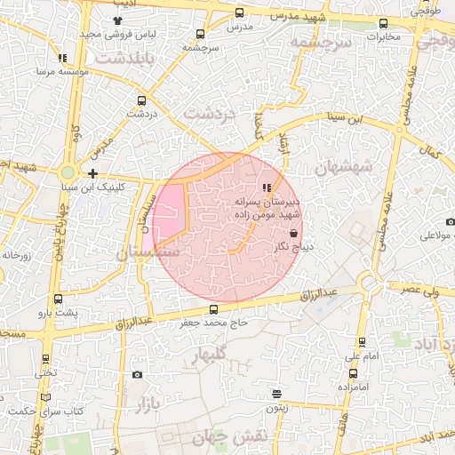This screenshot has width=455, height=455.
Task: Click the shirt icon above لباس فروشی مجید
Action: coord(118,20)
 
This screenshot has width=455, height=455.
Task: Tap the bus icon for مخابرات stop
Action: coord(383,24)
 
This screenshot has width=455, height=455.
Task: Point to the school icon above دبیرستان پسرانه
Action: coord(265,188)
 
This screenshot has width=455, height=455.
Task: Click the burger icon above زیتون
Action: coord(277,394)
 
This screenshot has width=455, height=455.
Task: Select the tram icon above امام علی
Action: coord(362,342)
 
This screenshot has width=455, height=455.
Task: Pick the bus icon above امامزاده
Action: coord(341,373)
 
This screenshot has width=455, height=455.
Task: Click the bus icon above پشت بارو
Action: coord(58,299)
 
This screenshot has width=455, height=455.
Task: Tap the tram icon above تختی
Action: coord(45,359)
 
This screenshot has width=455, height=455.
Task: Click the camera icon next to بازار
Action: coord(137,374)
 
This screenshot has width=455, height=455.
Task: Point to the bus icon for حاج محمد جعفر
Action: coord(212,309)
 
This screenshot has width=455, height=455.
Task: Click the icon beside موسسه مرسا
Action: coord(61,58)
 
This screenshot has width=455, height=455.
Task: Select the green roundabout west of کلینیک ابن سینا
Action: coord(68,172)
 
